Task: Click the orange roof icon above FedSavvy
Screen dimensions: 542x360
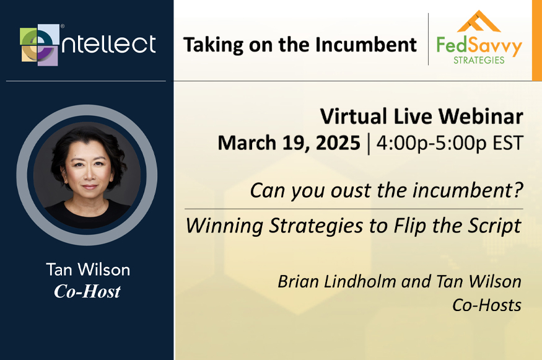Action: (478, 22)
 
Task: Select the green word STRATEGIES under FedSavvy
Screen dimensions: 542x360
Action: (479, 60)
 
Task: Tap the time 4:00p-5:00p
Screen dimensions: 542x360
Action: (431, 143)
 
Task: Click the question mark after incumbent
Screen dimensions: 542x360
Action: (518, 190)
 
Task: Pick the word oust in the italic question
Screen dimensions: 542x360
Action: (351, 191)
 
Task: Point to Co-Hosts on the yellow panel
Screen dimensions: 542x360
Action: (487, 305)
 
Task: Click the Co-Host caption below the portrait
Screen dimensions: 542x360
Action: (87, 291)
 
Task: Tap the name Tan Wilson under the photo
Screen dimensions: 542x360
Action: (88, 270)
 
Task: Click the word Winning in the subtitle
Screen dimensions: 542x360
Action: (224, 226)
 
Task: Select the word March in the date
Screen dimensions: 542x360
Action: (247, 143)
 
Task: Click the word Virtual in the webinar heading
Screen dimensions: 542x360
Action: (353, 116)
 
